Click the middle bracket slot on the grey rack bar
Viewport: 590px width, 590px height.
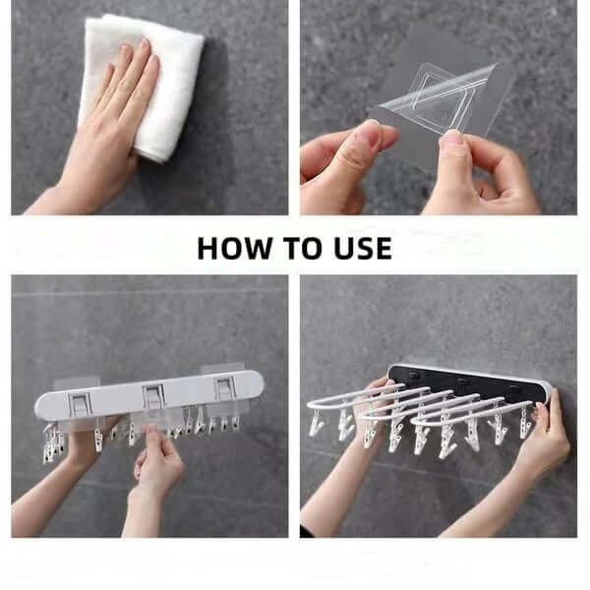pos(154,396)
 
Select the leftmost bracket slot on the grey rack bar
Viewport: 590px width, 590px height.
pos(81,404)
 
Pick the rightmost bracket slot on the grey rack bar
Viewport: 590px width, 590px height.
pos(225,388)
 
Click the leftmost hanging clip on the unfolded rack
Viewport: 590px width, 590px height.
pos(316,424)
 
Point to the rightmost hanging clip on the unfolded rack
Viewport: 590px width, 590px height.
pos(527,422)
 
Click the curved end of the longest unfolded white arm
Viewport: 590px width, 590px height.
pos(312,404)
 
